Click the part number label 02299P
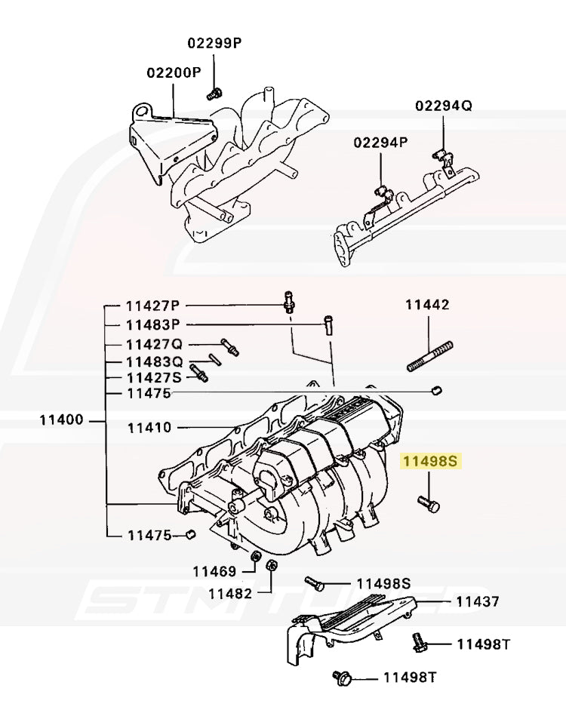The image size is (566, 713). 214,43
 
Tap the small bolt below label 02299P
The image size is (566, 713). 214,94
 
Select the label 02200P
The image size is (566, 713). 174,73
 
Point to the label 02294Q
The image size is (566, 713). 443,106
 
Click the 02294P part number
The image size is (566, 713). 381,142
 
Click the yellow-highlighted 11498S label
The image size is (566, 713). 429,461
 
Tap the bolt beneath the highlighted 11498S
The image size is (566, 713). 428,503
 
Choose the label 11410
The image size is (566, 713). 149,428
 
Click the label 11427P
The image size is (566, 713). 153,306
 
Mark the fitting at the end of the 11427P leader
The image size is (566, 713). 288,301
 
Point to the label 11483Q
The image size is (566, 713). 154,361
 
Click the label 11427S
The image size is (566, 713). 154,377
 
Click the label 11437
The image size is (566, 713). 477,602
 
